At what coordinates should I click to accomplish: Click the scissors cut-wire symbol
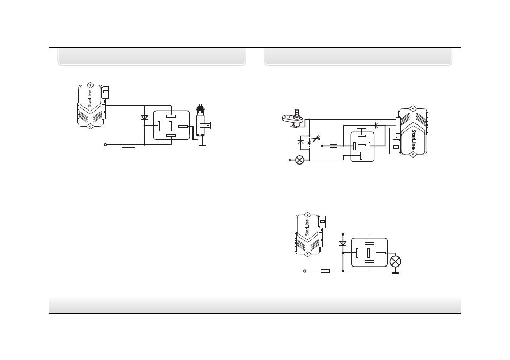315,139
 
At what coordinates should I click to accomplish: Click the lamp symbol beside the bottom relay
395,262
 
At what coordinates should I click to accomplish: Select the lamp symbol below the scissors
299,160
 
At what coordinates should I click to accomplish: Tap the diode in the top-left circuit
144,118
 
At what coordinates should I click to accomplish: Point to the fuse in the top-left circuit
128,145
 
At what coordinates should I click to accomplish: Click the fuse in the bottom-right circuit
325,271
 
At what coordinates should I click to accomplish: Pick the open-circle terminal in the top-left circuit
105,145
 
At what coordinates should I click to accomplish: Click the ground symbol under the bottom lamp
395,273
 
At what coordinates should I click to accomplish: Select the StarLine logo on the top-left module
90,98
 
